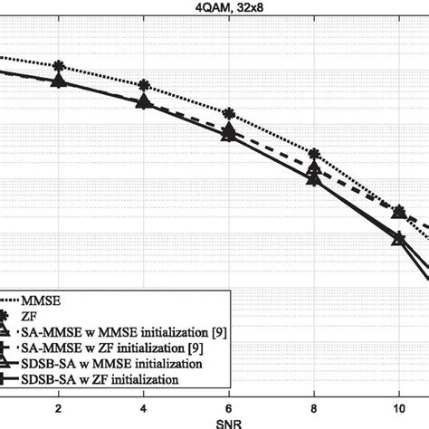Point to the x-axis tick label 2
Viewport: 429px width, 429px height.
point(59,408)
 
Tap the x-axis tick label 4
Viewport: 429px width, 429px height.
point(144,408)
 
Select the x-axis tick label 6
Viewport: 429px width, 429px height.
point(229,408)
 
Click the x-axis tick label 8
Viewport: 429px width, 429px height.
point(314,408)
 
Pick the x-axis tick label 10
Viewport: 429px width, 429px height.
point(399,408)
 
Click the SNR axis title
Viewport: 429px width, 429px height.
point(214,423)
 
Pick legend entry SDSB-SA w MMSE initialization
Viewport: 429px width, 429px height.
point(118,363)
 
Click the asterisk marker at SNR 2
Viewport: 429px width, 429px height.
point(59,66)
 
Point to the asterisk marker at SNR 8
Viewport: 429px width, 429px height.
point(314,155)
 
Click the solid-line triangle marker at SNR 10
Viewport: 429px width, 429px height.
point(399,238)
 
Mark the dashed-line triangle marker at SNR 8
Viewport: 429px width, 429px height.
point(314,168)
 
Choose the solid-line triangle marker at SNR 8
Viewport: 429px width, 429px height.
point(314,178)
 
